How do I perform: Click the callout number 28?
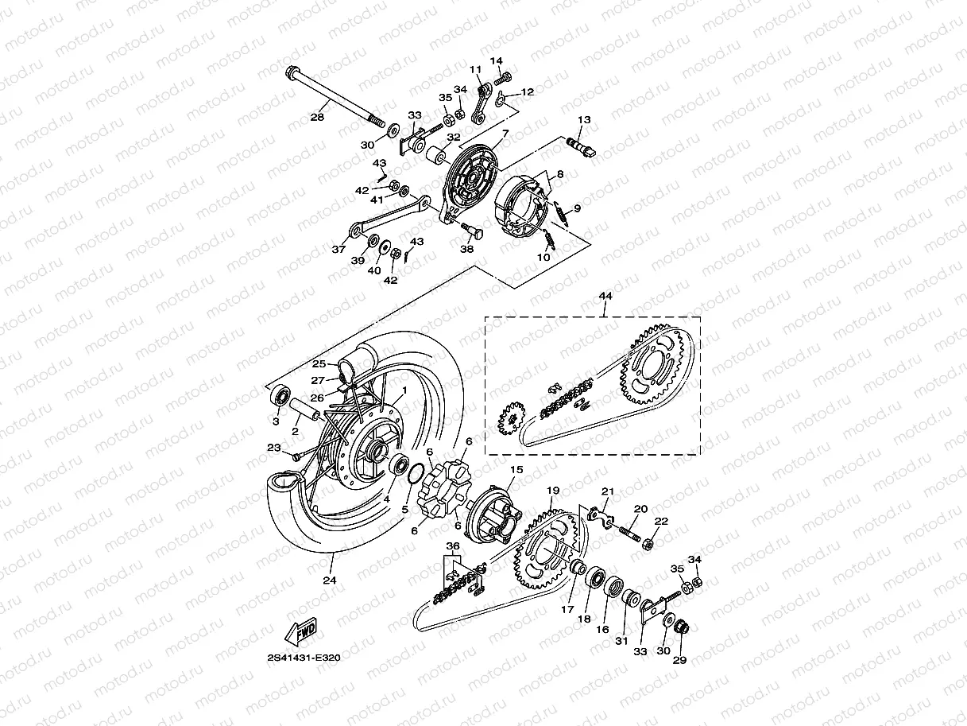click(x=317, y=118)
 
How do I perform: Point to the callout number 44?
click(x=605, y=296)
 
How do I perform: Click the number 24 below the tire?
click(x=330, y=580)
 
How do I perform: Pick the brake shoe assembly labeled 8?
click(x=520, y=208)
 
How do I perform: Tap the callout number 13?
click(x=584, y=119)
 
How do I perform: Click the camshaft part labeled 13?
click(x=584, y=147)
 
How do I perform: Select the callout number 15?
click(x=516, y=470)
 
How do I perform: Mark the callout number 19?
click(x=554, y=491)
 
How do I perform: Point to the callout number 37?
click(x=338, y=249)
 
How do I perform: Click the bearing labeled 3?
click(x=280, y=395)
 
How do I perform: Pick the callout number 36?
click(x=452, y=546)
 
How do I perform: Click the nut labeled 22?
click(x=646, y=544)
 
